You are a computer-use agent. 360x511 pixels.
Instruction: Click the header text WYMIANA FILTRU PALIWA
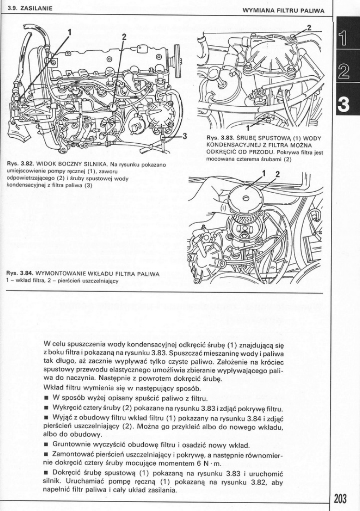pyautogui.click(x=283, y=10)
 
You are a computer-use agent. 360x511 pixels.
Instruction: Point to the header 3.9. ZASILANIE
pyautogui.click(x=27, y=9)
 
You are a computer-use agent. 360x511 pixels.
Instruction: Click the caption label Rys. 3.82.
pyautogui.click(x=19, y=164)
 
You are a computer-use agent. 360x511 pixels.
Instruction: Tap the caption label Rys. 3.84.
pyautogui.click(x=19, y=274)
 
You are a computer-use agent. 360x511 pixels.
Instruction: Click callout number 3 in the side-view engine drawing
pyautogui.click(x=184, y=136)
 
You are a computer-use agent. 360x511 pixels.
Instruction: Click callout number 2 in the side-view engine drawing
pyautogui.click(x=124, y=36)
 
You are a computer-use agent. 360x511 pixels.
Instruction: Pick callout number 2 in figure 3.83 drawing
pyautogui.click(x=309, y=27)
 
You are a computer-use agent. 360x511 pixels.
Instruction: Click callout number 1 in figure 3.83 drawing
pyautogui.click(x=248, y=128)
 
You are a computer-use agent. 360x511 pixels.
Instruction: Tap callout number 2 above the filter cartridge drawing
pyautogui.click(x=278, y=174)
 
